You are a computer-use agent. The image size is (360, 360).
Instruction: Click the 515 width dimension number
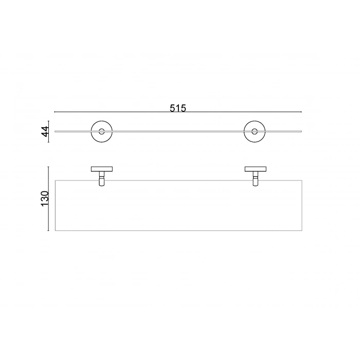click(177, 108)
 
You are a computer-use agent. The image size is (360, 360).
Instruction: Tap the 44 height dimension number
click(45, 132)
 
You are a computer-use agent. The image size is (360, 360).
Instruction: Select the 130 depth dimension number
click(45, 198)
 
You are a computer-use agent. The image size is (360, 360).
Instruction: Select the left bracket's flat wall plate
click(102, 168)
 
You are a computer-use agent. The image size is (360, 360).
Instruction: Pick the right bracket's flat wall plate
click(254, 168)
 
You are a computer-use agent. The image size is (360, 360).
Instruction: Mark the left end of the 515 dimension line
click(55, 112)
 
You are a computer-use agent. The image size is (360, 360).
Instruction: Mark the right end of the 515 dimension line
click(302, 112)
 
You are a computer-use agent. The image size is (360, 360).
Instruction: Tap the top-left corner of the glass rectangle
click(55, 180)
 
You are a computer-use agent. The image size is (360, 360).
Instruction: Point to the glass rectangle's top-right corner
click(302, 180)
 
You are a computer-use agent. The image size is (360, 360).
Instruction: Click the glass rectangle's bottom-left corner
click(55, 231)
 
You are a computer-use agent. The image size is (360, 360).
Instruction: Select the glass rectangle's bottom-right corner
click(302, 231)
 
